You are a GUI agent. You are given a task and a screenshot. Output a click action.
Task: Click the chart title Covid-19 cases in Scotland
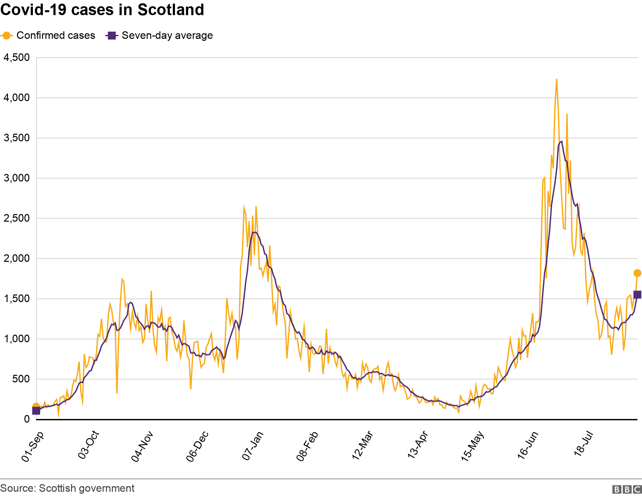[102, 10]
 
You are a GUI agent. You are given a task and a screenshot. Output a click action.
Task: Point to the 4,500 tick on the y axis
[16, 58]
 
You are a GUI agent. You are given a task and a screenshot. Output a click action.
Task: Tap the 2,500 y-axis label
[16, 218]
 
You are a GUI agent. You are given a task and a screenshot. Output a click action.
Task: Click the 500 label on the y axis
[21, 379]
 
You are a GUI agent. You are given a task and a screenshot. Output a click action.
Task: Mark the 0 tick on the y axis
[27, 419]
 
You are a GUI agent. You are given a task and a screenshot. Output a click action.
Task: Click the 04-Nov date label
[142, 446]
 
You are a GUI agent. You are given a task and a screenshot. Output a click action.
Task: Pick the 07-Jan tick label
[253, 446]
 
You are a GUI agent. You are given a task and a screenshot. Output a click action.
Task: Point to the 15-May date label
[473, 446]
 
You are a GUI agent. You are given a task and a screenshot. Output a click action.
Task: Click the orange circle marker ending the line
[637, 273]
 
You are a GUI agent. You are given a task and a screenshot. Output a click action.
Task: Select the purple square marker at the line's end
[637, 295]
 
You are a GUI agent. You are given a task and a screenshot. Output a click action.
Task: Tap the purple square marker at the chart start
[36, 410]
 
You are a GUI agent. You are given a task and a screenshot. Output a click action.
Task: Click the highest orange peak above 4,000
[556, 79]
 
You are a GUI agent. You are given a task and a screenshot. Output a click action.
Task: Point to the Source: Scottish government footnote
[67, 488]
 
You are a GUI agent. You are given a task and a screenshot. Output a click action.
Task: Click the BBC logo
[627, 489]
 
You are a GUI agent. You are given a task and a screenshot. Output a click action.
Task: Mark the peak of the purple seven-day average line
[561, 142]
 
